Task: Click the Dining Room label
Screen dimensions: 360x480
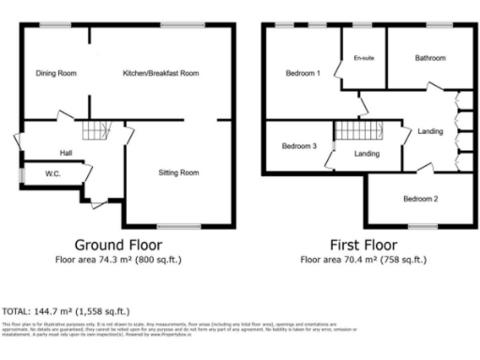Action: [55, 73]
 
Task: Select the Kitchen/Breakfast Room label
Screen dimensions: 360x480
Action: [161, 73]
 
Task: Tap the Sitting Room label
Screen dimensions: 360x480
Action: [177, 172]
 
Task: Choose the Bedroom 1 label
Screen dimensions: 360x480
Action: [304, 73]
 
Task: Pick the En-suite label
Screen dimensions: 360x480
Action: [364, 58]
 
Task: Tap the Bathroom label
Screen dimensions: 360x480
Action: [430, 58]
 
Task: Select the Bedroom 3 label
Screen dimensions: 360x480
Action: [300, 146]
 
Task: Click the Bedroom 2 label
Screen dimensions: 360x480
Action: [421, 199]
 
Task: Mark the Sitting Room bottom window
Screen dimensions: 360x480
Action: [177, 226]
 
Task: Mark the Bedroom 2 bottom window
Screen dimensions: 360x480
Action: [423, 226]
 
